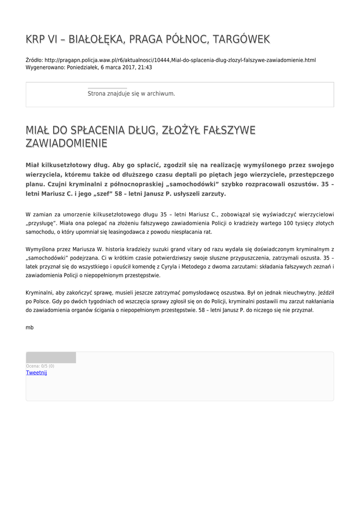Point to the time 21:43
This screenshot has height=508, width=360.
[x=145, y=67]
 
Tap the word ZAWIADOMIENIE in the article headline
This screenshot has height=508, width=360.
[x=66, y=144]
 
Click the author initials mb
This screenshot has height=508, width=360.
[x=29, y=327]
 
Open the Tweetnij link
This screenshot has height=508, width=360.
[x=36, y=373]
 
